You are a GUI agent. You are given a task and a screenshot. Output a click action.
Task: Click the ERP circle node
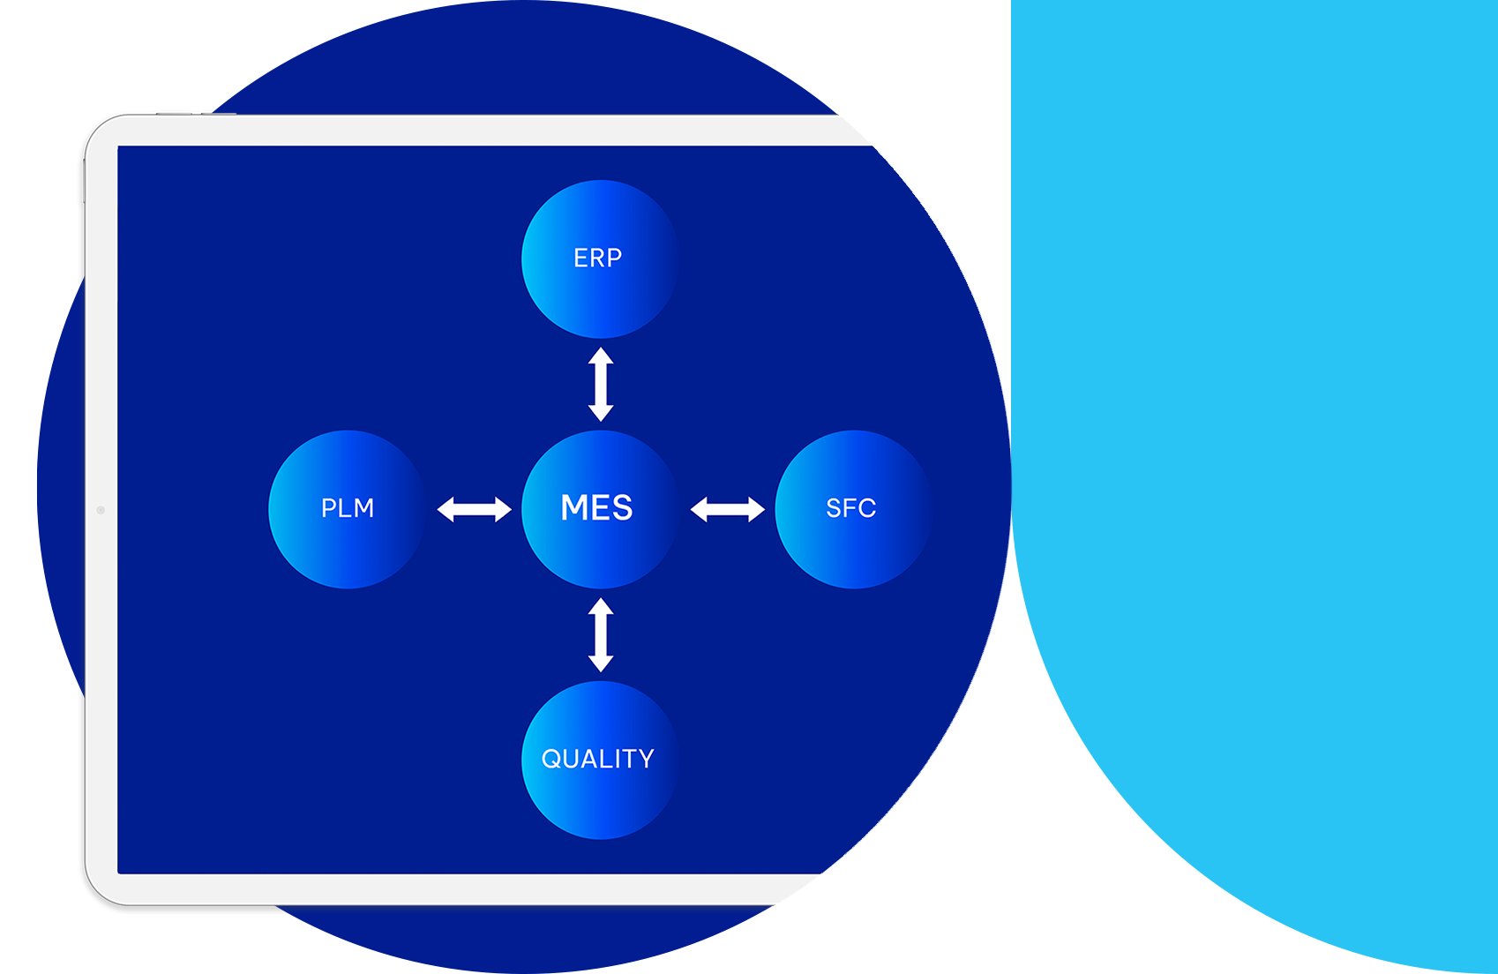click(x=599, y=258)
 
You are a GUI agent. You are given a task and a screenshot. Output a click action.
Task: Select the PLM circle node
click(x=347, y=509)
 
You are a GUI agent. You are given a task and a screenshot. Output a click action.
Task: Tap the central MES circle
click(x=599, y=509)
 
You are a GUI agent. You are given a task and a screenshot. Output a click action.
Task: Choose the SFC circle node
click(x=852, y=509)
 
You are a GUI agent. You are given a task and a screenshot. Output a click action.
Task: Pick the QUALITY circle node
click(x=599, y=760)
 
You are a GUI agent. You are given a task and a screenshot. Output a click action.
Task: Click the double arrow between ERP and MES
click(x=601, y=384)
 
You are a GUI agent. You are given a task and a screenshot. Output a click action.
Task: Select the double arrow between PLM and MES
click(x=474, y=509)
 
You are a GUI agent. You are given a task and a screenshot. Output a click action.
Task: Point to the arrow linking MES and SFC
click(x=727, y=509)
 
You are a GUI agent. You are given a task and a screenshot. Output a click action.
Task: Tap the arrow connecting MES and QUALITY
click(x=601, y=634)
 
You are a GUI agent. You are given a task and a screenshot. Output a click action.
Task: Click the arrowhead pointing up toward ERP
click(x=601, y=355)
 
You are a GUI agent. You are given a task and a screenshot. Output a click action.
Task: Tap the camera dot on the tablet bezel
click(x=101, y=510)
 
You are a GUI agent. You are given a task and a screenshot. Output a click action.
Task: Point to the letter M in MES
click(x=574, y=507)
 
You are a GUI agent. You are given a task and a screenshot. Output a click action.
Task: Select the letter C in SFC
click(x=867, y=508)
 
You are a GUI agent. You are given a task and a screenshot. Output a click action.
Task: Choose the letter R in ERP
click(x=596, y=258)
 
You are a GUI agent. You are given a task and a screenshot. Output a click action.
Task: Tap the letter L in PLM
click(x=347, y=508)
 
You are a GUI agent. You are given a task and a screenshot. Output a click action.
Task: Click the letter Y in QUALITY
click(x=646, y=759)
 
